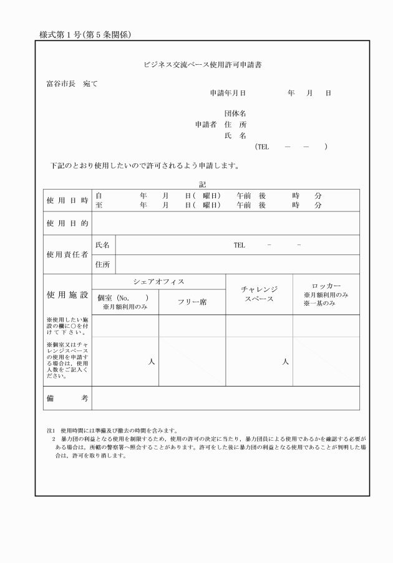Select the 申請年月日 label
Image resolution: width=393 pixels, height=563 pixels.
(228, 93)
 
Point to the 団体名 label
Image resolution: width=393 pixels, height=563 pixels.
(235, 113)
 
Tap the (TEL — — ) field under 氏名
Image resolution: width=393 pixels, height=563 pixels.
(291, 147)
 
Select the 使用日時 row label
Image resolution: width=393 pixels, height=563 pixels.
(67, 200)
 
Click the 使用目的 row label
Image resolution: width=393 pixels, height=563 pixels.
(67, 223)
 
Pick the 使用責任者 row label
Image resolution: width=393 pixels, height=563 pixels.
(67, 254)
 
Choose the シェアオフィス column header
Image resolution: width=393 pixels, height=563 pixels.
(158, 282)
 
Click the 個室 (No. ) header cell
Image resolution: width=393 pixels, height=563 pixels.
(125, 301)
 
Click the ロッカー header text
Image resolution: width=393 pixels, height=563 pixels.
(326, 286)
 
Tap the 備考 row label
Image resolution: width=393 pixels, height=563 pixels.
(67, 398)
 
